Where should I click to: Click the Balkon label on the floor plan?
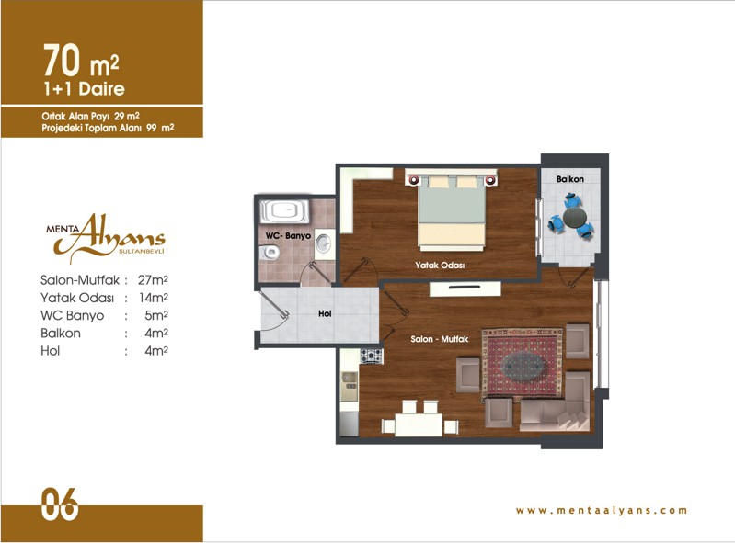tap(570, 179)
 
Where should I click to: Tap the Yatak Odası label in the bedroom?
tap(440, 265)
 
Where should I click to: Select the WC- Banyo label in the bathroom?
tap(288, 235)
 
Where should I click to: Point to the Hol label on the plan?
tap(325, 313)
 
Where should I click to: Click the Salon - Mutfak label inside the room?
tap(439, 339)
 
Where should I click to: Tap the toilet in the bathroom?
tap(270, 254)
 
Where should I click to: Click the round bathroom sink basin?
tap(323, 243)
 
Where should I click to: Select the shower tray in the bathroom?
tap(284, 211)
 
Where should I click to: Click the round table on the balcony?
tap(574, 217)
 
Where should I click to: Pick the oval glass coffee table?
tap(523, 366)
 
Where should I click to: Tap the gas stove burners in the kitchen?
tap(372, 356)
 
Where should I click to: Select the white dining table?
tap(419, 424)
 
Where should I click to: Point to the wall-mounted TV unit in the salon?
tap(465, 288)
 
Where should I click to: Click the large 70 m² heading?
tap(81, 61)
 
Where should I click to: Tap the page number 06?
tap(60, 504)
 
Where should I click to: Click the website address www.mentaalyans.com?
tap(602, 510)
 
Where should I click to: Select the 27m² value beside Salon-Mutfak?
tap(153, 280)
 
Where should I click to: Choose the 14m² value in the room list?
tap(154, 298)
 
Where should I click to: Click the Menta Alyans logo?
tap(106, 237)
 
